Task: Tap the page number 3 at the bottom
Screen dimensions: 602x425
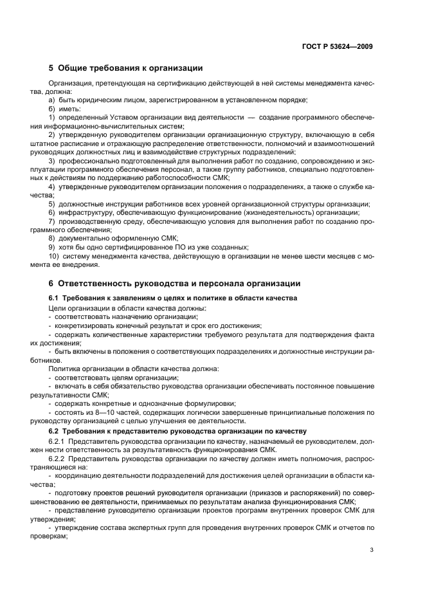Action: [372, 551]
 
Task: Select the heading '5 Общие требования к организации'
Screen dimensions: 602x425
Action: [125, 68]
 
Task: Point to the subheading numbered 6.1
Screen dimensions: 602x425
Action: [55, 298]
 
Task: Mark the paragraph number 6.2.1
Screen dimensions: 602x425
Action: [58, 442]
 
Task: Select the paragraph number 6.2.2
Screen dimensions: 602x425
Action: [58, 461]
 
